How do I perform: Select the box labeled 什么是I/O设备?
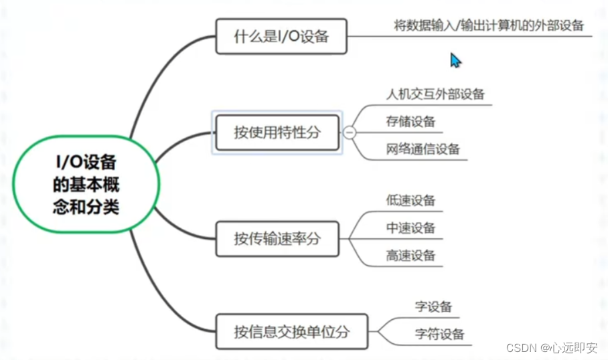click(281, 36)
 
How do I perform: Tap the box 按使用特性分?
click(277, 132)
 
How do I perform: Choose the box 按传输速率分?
click(277, 237)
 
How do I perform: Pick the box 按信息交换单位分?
click(291, 331)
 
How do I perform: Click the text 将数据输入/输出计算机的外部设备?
click(489, 26)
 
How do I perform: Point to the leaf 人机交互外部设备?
click(435, 94)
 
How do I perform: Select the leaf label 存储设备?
click(410, 121)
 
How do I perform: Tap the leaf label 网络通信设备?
click(423, 149)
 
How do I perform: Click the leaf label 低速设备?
click(410, 200)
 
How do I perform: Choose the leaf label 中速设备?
click(410, 228)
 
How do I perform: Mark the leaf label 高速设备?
click(410, 255)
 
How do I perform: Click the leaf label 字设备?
click(433, 307)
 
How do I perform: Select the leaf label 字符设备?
click(439, 334)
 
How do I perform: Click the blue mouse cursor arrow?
click(455, 60)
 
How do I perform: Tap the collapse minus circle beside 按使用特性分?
click(349, 132)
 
